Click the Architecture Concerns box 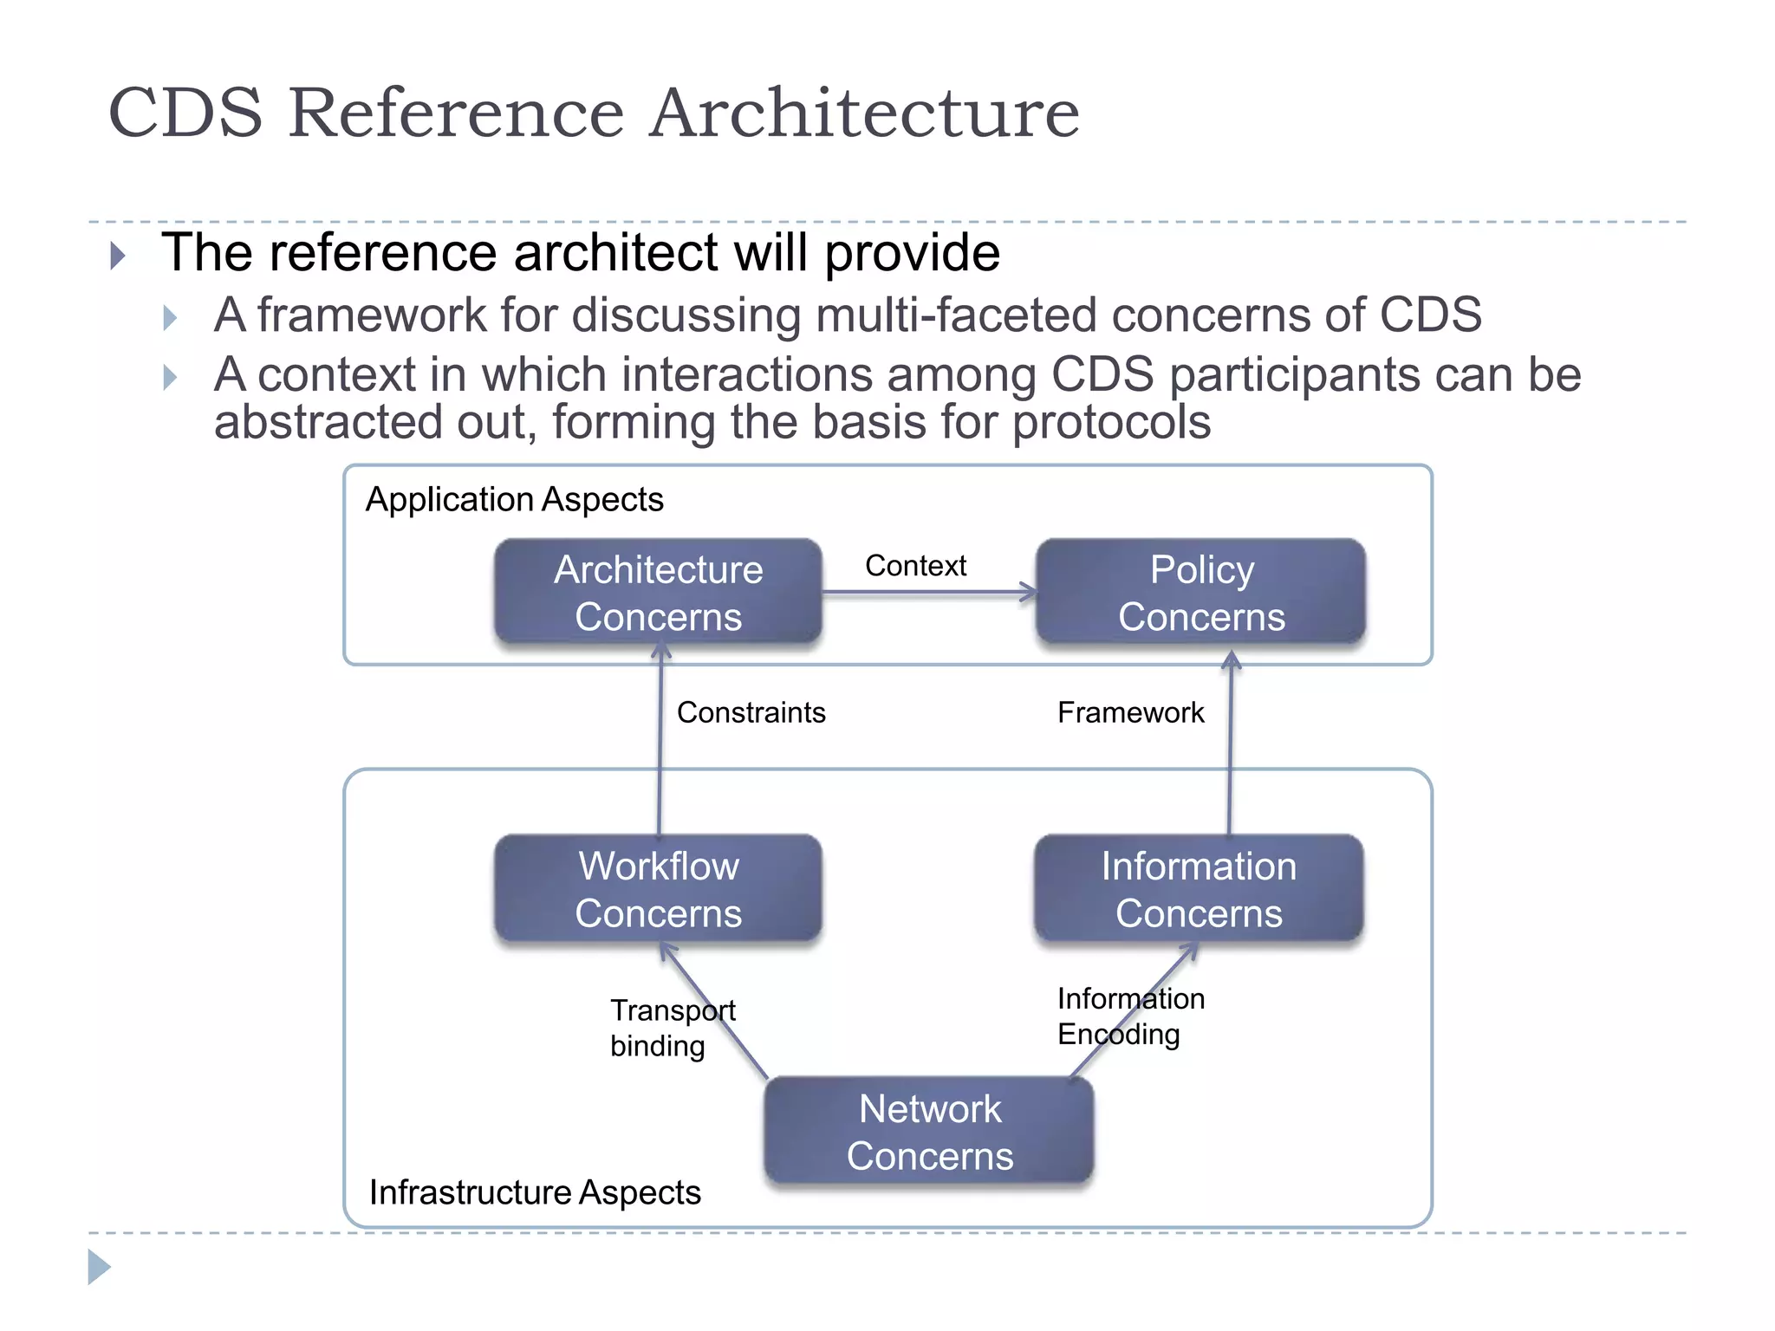(x=658, y=593)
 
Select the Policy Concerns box (x=1201, y=593)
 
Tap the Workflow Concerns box (x=658, y=889)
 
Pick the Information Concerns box (x=1199, y=889)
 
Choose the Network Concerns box (x=929, y=1132)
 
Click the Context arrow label (x=915, y=566)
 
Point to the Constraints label (x=751, y=712)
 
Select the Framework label (x=1130, y=712)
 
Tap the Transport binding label (x=672, y=1028)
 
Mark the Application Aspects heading (x=514, y=500)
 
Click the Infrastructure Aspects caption (x=535, y=1192)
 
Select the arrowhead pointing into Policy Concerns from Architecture (x=1029, y=593)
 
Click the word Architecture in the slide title (x=864, y=113)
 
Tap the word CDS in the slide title (x=185, y=113)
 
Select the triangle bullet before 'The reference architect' (x=119, y=256)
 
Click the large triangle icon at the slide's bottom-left (x=99, y=1267)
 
